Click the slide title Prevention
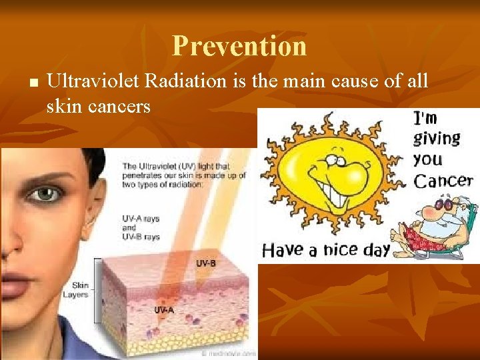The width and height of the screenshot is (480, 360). point(239,46)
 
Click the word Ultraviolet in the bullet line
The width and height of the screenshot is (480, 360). point(93,82)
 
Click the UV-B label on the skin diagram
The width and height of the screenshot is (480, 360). point(205,263)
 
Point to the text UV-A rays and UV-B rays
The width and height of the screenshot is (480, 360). point(141,227)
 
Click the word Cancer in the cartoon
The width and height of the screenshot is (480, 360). point(443,180)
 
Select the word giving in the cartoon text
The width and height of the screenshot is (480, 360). point(437,138)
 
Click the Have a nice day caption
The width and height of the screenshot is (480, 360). point(326,250)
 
